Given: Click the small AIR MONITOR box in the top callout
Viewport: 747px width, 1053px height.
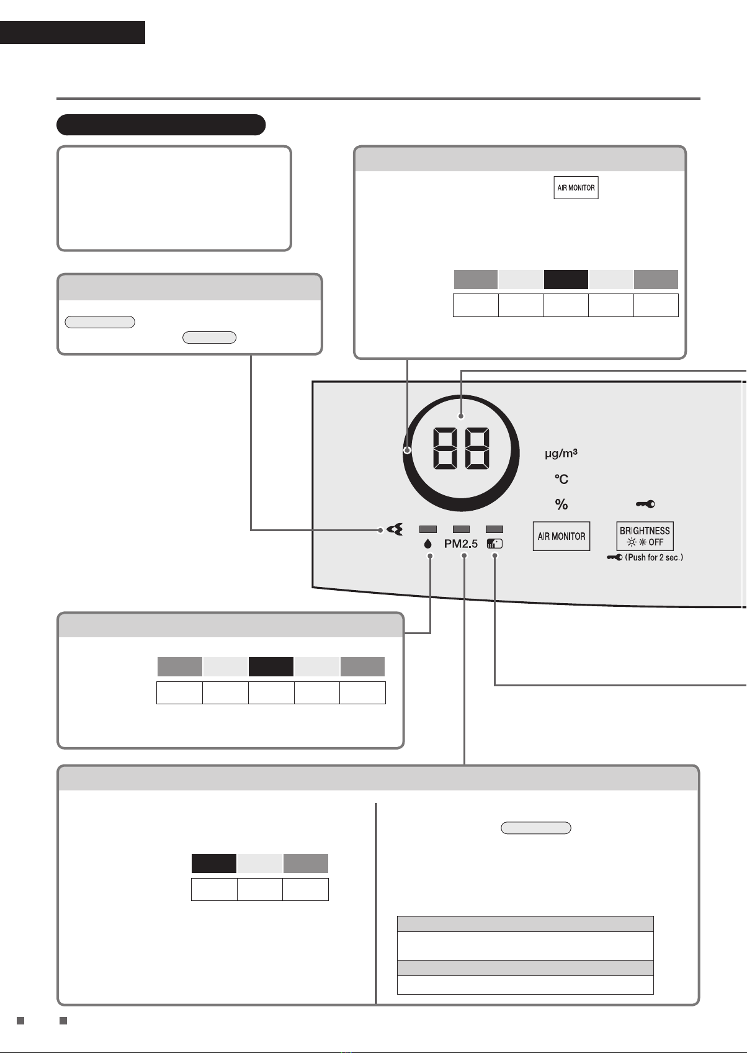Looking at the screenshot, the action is (576, 187).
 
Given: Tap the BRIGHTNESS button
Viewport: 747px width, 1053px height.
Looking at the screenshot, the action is (645, 536).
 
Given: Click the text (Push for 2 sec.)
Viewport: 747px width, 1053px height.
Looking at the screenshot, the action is (654, 557).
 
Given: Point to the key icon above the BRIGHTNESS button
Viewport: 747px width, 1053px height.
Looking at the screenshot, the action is (645, 504).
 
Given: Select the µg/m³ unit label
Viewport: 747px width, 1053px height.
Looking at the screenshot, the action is (561, 453).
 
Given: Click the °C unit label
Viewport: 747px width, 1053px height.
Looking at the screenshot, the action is (561, 479).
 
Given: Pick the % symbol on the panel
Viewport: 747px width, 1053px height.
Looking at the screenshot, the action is (561, 504).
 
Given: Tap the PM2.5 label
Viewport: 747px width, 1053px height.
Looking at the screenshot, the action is (461, 544).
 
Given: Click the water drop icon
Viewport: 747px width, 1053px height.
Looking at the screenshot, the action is (428, 544).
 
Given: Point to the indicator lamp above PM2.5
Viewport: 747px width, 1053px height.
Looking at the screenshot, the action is (461, 529).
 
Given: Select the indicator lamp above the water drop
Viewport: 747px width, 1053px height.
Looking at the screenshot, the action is (428, 529).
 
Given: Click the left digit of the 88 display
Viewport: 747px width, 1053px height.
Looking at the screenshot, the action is (445, 448).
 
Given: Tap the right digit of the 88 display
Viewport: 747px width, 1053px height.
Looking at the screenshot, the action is (476, 448).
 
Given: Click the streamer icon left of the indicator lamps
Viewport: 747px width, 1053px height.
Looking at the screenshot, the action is (395, 530).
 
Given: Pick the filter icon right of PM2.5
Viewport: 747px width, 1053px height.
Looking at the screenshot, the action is (494, 544).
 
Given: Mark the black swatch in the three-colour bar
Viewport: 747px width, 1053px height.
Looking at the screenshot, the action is (214, 863).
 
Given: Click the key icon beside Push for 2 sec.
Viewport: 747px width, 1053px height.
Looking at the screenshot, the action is (614, 557).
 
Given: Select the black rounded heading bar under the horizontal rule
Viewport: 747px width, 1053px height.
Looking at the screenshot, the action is (161, 125).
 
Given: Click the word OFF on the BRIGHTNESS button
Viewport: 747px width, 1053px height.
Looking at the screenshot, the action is (656, 542).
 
